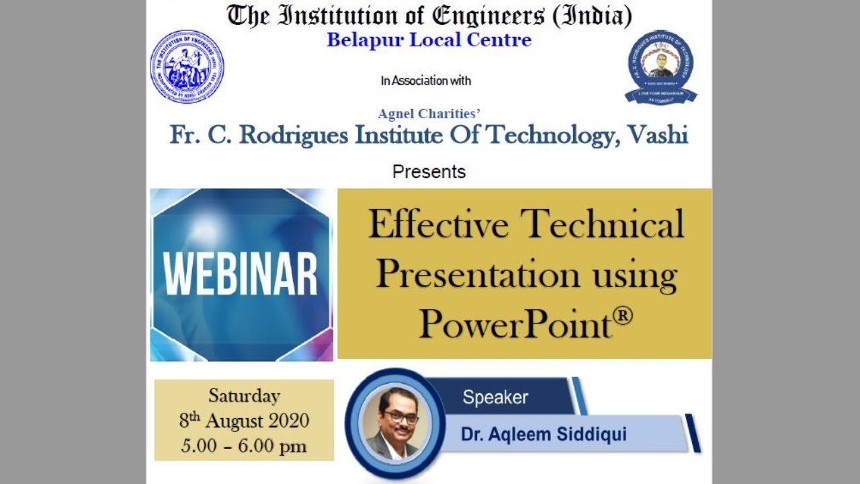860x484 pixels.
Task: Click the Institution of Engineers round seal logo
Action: coord(187,67)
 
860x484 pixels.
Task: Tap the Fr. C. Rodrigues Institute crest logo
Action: coord(660,67)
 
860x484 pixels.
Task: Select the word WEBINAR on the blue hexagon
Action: coord(241,274)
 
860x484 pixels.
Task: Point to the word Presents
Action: coord(429,171)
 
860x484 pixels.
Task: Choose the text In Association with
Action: coord(425,81)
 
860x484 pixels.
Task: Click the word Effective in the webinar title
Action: coord(438,224)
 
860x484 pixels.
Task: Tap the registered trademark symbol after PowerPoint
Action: coord(623,314)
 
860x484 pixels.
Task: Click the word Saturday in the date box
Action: coord(244,395)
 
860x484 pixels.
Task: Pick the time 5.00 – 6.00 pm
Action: coord(244,445)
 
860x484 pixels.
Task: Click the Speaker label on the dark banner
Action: coord(495,397)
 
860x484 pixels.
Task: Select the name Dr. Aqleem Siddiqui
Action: coord(544,434)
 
